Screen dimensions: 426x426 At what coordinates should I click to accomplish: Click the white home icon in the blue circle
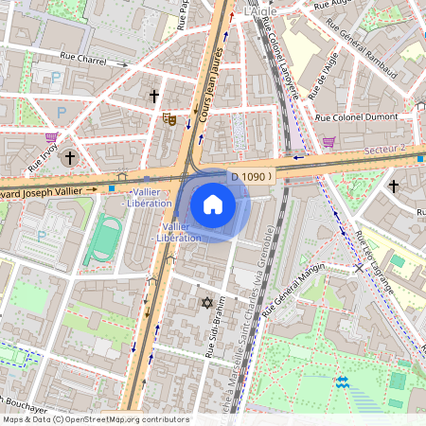pos(213,204)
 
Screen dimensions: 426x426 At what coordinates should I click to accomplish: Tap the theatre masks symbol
pos(169,118)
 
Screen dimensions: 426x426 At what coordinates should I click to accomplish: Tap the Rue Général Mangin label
pos(293,284)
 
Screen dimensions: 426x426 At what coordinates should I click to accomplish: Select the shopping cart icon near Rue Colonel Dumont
pos(329,142)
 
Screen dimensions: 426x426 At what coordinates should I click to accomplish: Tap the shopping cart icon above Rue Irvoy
pos(50,138)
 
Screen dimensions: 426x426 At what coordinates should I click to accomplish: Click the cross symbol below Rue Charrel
pos(153,96)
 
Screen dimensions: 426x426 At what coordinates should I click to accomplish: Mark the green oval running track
pos(103,240)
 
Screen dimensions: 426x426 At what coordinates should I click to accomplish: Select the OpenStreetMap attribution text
pos(95,419)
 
